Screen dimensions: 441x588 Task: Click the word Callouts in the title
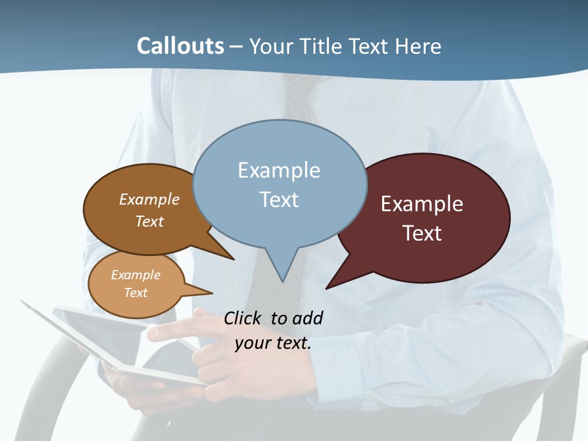click(180, 46)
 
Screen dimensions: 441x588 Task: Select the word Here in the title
click(419, 47)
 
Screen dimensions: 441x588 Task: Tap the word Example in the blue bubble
click(279, 170)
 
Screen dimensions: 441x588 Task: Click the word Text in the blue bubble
click(279, 200)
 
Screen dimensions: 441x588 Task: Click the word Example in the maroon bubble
click(422, 204)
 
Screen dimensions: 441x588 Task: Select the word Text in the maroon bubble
click(422, 233)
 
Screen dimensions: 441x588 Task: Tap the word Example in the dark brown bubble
click(149, 200)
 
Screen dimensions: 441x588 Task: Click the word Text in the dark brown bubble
click(149, 221)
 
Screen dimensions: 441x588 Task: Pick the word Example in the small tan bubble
click(135, 275)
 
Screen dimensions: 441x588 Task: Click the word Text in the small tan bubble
click(135, 293)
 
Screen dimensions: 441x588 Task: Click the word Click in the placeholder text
click(244, 318)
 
